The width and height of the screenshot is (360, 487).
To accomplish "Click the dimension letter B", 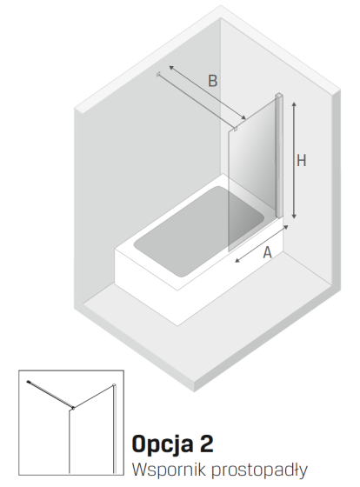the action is [x=212, y=81].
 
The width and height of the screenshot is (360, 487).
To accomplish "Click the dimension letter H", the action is [x=301, y=161].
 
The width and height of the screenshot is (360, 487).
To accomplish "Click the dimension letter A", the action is [x=267, y=252].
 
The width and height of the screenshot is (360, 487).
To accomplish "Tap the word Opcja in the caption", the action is [x=162, y=445].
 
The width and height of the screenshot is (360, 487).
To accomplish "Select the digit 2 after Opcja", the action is [x=206, y=444].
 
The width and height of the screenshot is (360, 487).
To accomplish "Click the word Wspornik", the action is [x=169, y=470].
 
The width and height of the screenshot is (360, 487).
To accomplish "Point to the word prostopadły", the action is [x=259, y=470].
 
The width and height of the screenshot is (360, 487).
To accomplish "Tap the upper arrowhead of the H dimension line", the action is [x=294, y=104].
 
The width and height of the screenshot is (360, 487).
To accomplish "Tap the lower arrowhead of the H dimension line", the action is [x=294, y=216].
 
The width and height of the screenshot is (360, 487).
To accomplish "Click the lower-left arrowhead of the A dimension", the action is [x=237, y=260].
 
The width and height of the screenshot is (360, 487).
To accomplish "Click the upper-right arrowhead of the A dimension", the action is [x=286, y=228].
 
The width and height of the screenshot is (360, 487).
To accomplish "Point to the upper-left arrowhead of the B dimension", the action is [x=171, y=68].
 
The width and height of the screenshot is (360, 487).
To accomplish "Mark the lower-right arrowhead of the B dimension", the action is [x=243, y=117].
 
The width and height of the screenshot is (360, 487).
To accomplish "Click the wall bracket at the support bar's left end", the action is [x=158, y=74].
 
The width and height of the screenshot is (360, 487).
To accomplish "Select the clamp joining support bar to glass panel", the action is [x=235, y=129].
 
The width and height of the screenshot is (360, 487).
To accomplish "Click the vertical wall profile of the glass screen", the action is [x=279, y=156].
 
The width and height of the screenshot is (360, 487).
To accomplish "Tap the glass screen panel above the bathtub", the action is [x=252, y=174].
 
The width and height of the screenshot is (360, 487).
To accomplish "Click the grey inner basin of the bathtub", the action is [x=199, y=230].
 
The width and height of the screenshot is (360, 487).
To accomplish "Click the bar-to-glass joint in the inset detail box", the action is [x=73, y=408].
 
